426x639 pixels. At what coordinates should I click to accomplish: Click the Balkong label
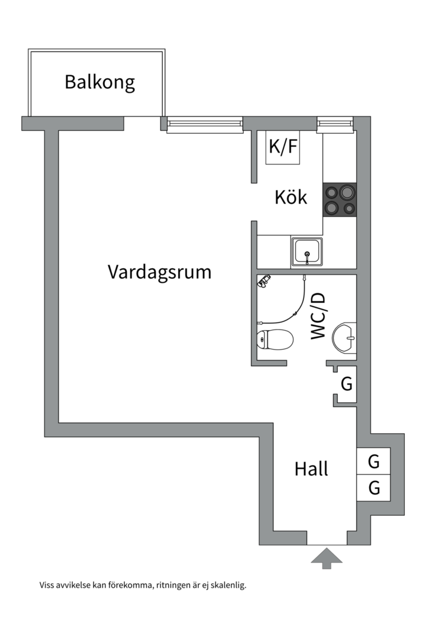click(99, 82)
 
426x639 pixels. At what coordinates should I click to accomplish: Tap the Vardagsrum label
click(159, 272)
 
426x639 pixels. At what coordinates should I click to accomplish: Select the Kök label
click(291, 197)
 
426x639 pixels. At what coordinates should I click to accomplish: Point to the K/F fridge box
click(283, 147)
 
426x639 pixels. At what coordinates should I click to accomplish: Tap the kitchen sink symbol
click(306, 251)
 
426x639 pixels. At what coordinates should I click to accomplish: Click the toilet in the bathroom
click(276, 340)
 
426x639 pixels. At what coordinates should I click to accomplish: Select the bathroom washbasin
click(344, 338)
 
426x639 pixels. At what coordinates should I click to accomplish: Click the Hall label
click(311, 469)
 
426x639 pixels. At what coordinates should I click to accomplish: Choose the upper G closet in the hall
click(373, 461)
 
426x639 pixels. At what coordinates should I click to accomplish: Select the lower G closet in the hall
click(373, 488)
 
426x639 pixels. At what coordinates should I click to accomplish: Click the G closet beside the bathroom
click(347, 384)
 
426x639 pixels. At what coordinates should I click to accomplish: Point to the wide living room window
click(205, 124)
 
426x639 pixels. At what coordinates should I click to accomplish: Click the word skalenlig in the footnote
click(227, 586)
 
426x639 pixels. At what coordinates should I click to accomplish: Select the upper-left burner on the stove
click(331, 192)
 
